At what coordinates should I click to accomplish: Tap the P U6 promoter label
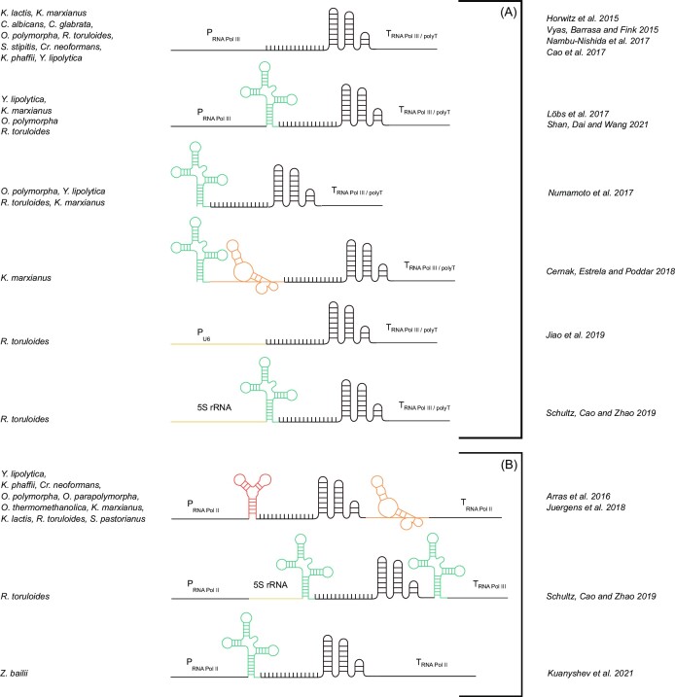pyautogui.click(x=213, y=336)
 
